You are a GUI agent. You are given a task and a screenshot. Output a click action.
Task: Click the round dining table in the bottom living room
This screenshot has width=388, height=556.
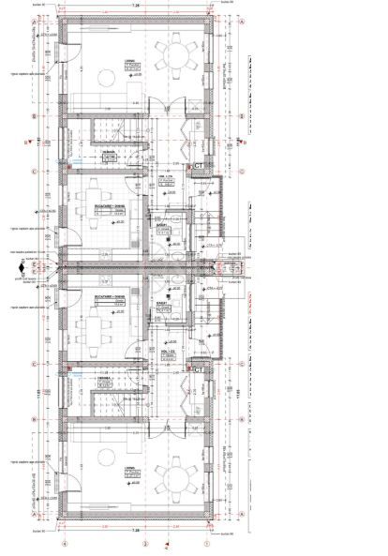point(172,479)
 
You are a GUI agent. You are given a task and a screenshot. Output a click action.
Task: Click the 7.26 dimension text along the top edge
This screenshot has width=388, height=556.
point(135,5)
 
